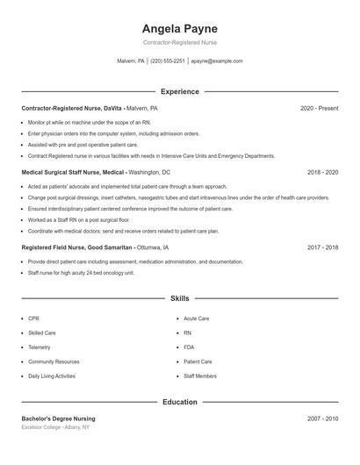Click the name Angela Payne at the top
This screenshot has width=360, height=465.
point(179,28)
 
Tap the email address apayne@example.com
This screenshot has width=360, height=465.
point(216,61)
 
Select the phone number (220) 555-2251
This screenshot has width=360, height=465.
point(168,61)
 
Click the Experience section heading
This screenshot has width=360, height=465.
point(179,91)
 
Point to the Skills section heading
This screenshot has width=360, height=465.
point(179,298)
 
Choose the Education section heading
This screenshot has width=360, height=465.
point(179,402)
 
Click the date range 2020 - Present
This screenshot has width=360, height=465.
point(319,108)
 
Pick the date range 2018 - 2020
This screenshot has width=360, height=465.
point(322,173)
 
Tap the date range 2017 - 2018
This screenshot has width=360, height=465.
point(322,248)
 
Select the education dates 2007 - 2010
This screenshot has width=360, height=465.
point(322,419)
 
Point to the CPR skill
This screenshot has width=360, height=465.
point(33,318)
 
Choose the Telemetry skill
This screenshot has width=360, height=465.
point(40,347)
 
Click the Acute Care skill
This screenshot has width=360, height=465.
point(196,318)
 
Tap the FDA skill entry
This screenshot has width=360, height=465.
point(190,347)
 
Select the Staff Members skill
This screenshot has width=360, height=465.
point(200,376)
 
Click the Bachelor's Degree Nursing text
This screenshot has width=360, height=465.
point(58,419)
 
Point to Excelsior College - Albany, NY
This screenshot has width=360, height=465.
point(56,427)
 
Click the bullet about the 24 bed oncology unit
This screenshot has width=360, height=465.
point(81,273)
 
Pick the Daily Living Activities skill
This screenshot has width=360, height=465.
point(52,376)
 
